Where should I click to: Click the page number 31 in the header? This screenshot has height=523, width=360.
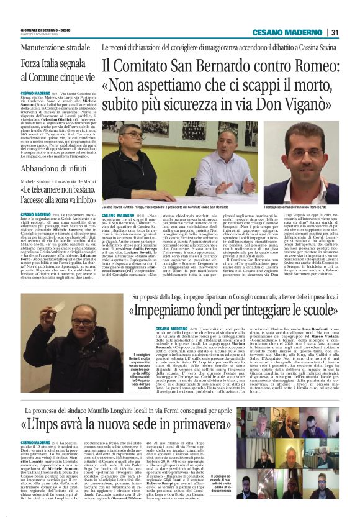pos(334,33)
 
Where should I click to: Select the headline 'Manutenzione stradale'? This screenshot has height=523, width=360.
pos(51,47)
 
